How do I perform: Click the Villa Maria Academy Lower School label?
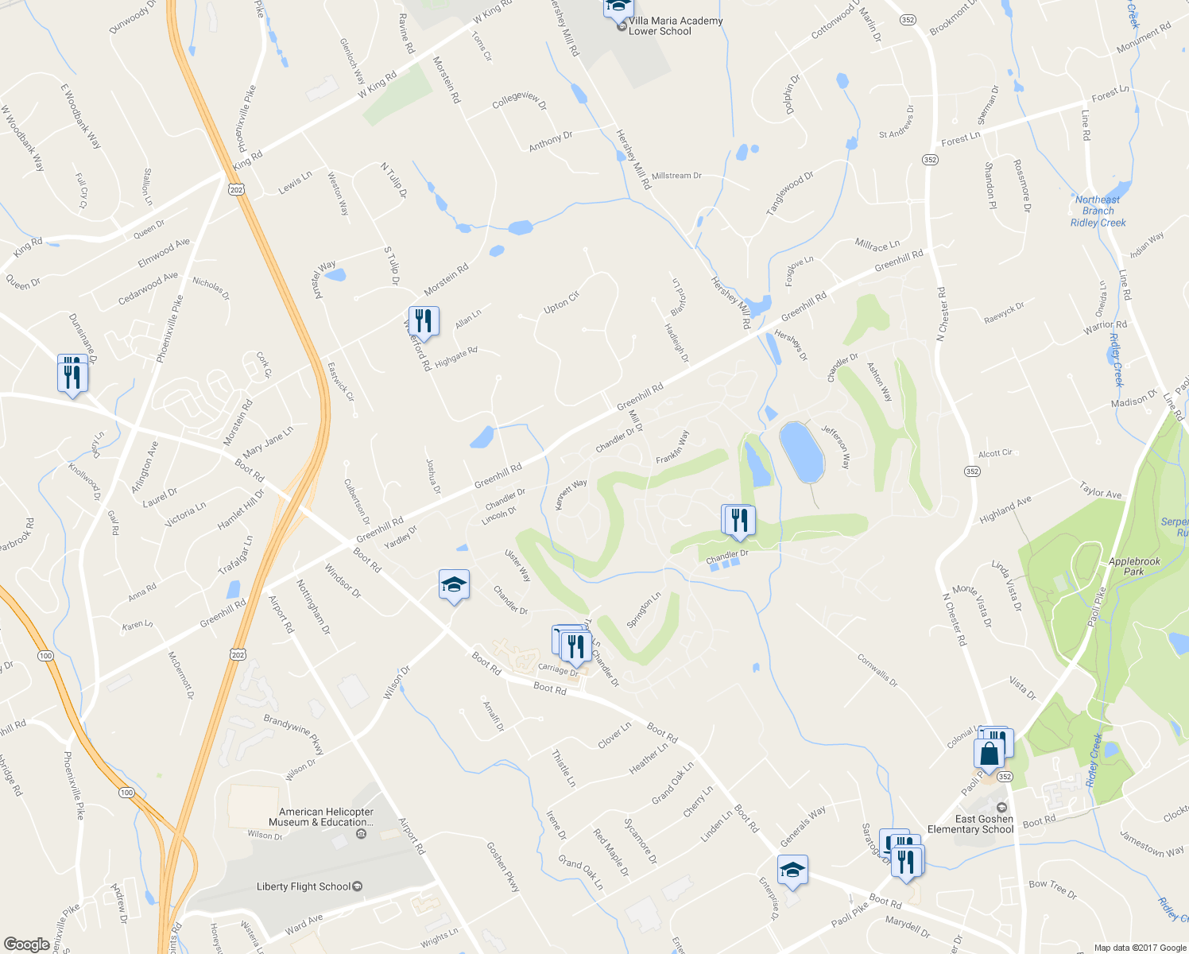(x=675, y=26)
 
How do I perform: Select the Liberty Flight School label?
(x=304, y=886)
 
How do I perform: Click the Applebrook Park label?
(x=1134, y=566)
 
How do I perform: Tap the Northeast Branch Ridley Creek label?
(x=1098, y=211)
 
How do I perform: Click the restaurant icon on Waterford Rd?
(x=424, y=322)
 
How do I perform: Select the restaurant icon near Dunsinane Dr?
(x=72, y=375)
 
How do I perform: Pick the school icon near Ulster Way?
(x=454, y=585)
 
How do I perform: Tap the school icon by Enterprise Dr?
(x=792, y=871)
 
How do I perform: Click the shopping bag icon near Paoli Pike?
(x=989, y=753)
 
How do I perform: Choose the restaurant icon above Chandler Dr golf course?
(x=739, y=521)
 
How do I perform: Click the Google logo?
(x=27, y=944)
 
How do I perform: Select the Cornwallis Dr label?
(x=877, y=670)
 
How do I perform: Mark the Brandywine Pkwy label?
(x=293, y=734)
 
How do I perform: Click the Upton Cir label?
(x=562, y=302)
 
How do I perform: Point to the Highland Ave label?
(x=1005, y=509)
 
